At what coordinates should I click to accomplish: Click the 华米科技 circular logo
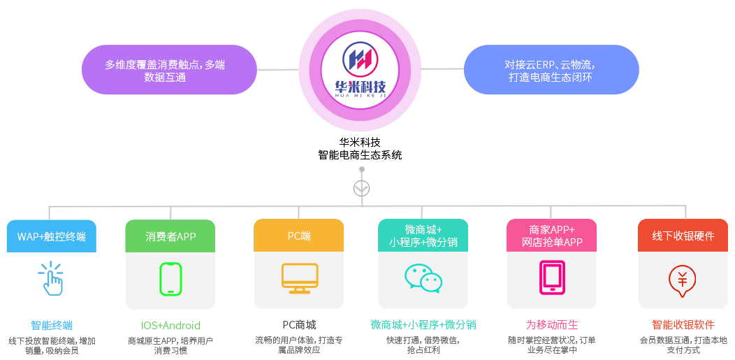coord(360,70)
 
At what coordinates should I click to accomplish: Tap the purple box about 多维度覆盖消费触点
coord(169,70)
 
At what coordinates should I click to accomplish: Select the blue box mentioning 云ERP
coord(551,70)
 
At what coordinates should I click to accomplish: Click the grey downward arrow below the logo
coord(361,188)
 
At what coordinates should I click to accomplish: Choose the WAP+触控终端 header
coord(51,236)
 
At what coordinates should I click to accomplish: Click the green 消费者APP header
coord(170,236)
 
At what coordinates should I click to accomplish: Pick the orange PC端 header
coord(299,236)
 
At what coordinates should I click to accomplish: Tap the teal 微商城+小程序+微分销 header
coord(423,236)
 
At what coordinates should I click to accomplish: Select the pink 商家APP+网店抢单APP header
coord(551,236)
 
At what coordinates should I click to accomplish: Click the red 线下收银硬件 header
coord(683,236)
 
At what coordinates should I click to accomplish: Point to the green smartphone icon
coord(170,278)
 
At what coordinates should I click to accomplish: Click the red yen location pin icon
coord(683,278)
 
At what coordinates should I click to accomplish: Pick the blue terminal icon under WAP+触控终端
coord(51,278)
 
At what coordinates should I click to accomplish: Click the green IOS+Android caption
coord(170,325)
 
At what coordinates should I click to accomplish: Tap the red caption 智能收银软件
coord(683,325)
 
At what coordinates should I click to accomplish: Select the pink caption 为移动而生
coord(552,325)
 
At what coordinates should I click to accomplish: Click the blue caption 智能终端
coord(51,325)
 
